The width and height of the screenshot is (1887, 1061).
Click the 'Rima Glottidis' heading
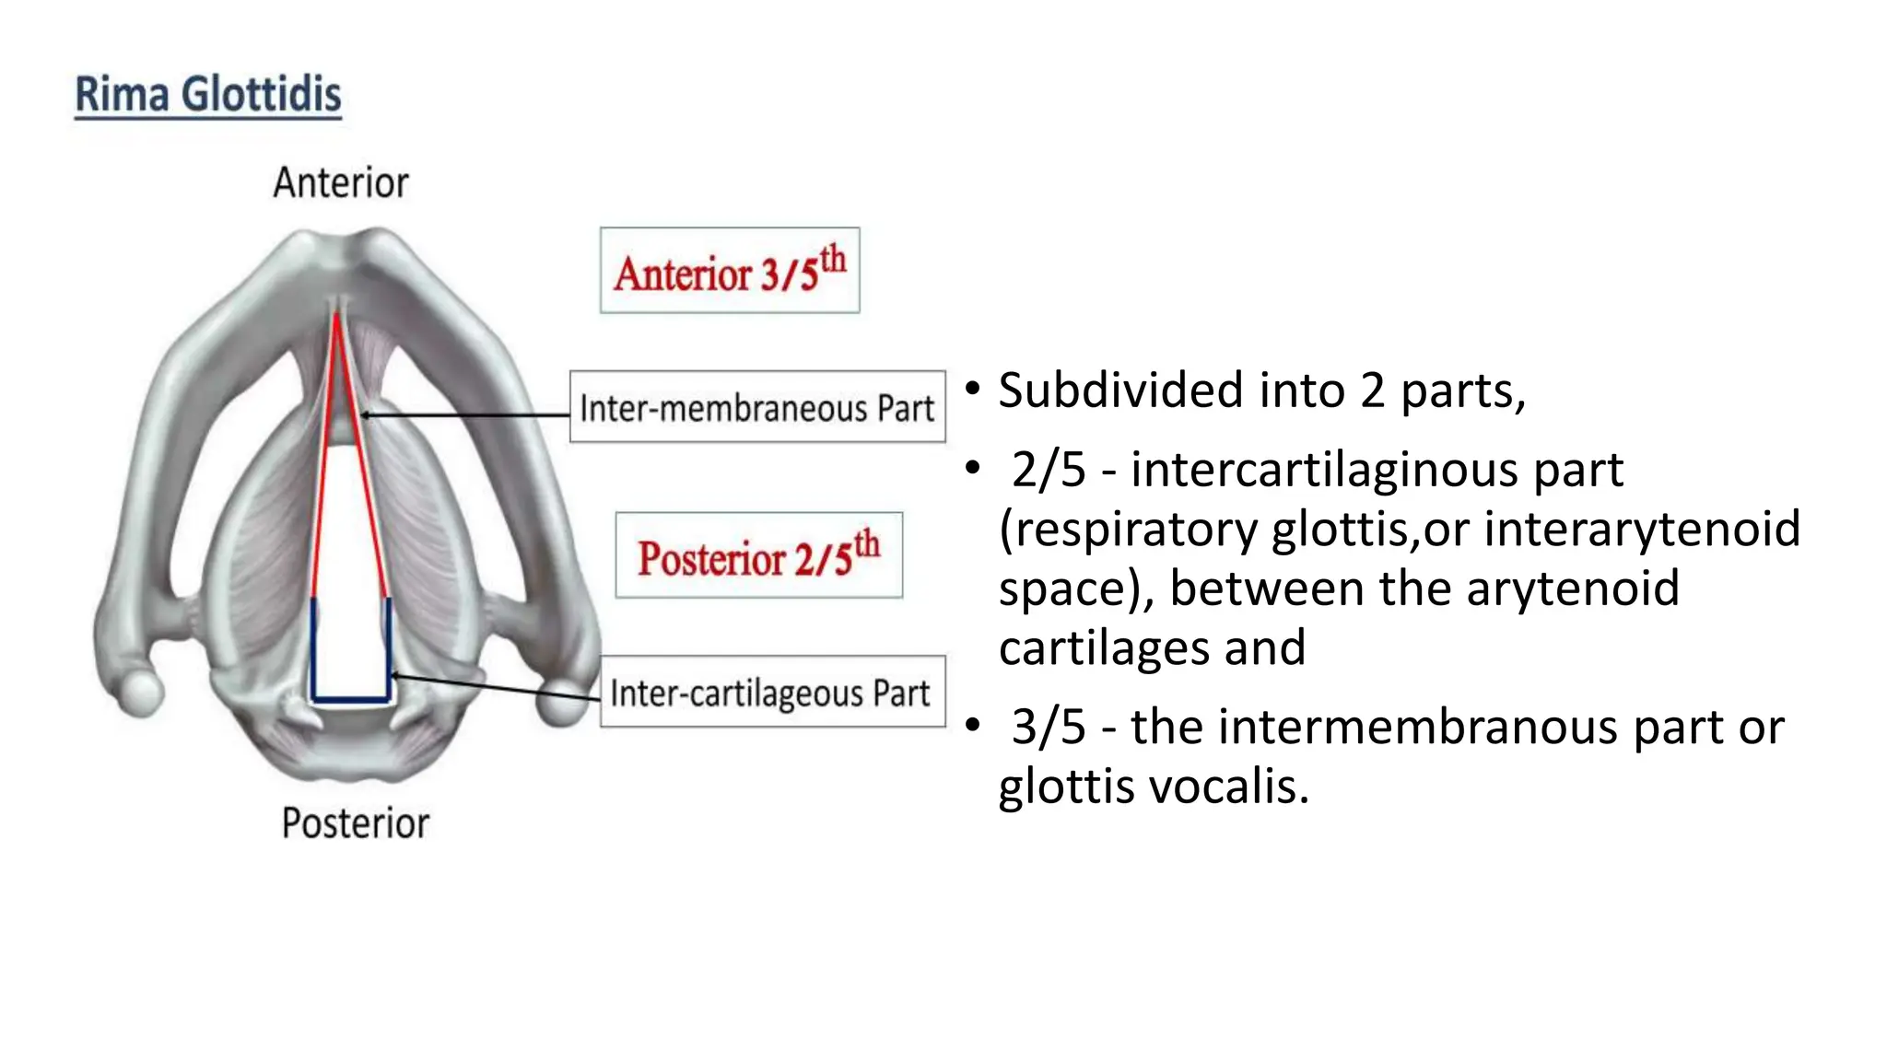tap(207, 96)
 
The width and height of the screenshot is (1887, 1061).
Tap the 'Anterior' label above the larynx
tap(340, 183)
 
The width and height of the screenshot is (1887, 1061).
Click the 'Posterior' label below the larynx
tap(355, 823)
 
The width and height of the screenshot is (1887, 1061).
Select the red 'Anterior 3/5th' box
tap(730, 271)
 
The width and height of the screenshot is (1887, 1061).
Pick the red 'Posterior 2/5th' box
tap(758, 555)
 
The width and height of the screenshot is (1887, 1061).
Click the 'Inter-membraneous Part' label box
tap(757, 407)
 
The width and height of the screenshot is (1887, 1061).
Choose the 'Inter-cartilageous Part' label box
tap(772, 692)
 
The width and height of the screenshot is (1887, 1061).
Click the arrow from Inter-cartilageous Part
tap(498, 687)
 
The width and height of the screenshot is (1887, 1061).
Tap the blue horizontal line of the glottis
tap(351, 699)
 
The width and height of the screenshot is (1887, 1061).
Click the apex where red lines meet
tap(337, 316)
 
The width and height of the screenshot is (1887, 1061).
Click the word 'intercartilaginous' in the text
tap(1377, 470)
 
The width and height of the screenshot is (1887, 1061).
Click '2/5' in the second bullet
tap(1049, 470)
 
